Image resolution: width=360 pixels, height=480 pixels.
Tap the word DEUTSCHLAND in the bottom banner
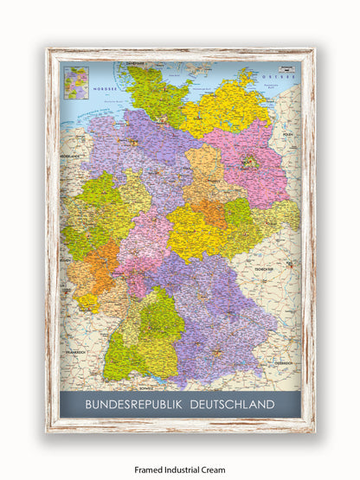pyautogui.click(x=232, y=404)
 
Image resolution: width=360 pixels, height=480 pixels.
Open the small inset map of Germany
pyautogui.click(x=76, y=82)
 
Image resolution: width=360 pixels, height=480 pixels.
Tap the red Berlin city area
pyautogui.click(x=252, y=161)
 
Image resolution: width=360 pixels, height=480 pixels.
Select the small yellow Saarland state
pyautogui.click(x=86, y=303)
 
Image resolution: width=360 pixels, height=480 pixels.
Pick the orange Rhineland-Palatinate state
pyautogui.click(x=93, y=268)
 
